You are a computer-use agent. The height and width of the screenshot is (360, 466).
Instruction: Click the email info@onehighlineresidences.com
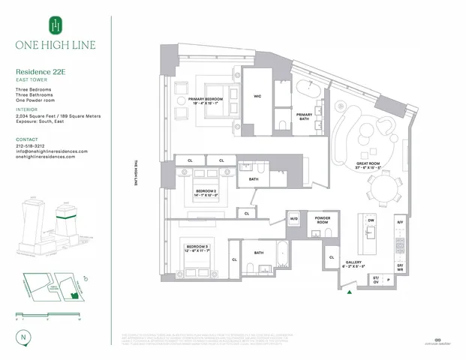pos(52,151)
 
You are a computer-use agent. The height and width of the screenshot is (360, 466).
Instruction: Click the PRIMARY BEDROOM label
pos(208,101)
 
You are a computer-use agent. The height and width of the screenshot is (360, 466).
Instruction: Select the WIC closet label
pos(257,96)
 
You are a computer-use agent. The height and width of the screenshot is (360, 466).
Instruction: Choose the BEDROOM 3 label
pos(197,247)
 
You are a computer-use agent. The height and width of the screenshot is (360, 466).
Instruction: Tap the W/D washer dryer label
pos(294,218)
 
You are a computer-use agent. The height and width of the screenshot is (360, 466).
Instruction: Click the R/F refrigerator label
pos(400,222)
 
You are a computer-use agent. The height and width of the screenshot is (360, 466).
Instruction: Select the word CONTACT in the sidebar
pos(27,139)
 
